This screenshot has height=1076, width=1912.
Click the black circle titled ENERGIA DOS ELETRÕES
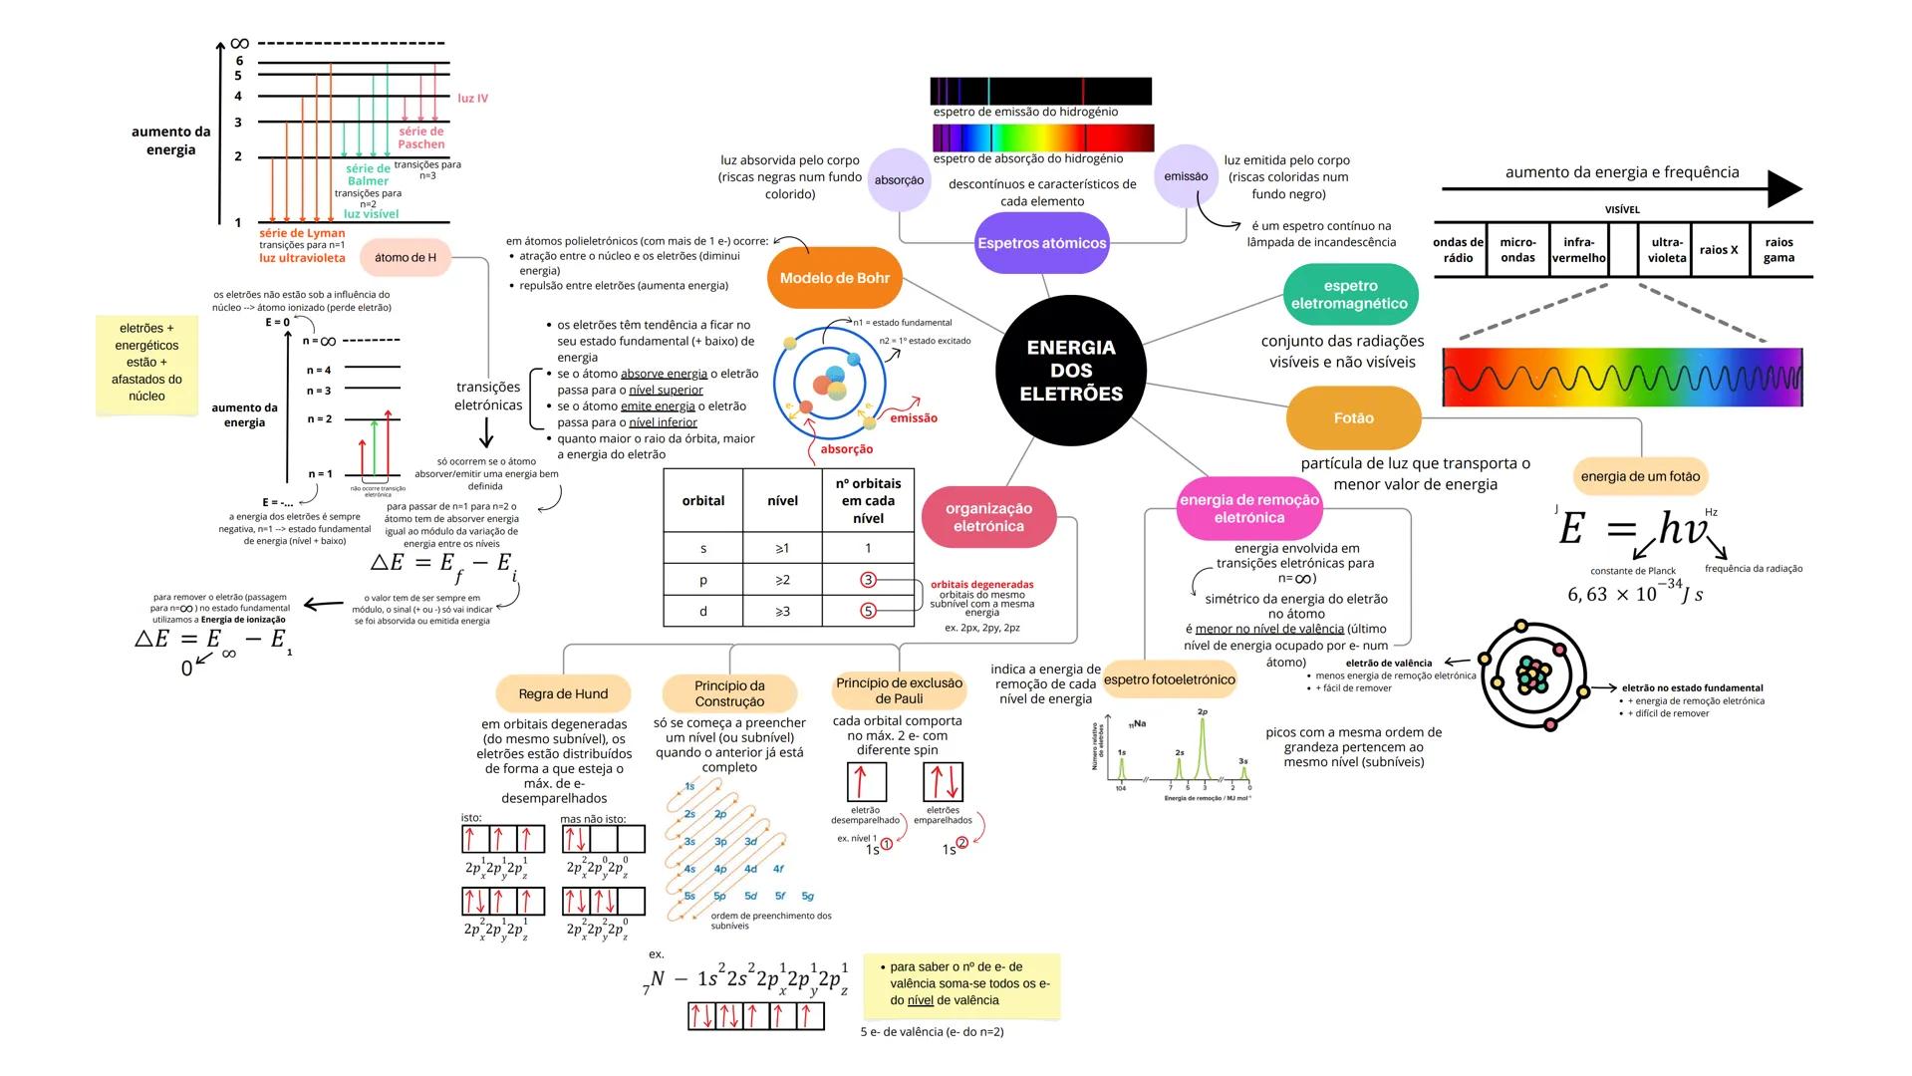1071,371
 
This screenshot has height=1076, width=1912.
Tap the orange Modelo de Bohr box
834,278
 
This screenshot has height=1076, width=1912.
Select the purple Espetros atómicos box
1041,243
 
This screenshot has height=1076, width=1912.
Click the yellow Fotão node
1353,418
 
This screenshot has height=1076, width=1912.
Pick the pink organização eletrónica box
988,517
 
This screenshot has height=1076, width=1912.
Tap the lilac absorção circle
899,180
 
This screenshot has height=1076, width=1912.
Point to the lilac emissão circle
1186,176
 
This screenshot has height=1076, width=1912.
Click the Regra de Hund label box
563,694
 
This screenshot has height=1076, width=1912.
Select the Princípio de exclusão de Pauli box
899,690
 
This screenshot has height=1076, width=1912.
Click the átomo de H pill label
406,257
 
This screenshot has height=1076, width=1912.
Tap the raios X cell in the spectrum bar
1719,250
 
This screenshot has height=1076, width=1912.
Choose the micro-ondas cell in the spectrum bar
1517,250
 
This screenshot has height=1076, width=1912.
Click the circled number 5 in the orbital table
868,611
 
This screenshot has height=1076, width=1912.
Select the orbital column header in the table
702,501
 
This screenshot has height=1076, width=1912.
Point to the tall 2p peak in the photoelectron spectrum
1203,747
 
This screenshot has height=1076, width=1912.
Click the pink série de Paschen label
421,137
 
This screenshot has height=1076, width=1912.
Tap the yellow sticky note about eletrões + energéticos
146,363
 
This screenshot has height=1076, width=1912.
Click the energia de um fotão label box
1640,476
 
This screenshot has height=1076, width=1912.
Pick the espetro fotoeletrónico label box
1170,680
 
